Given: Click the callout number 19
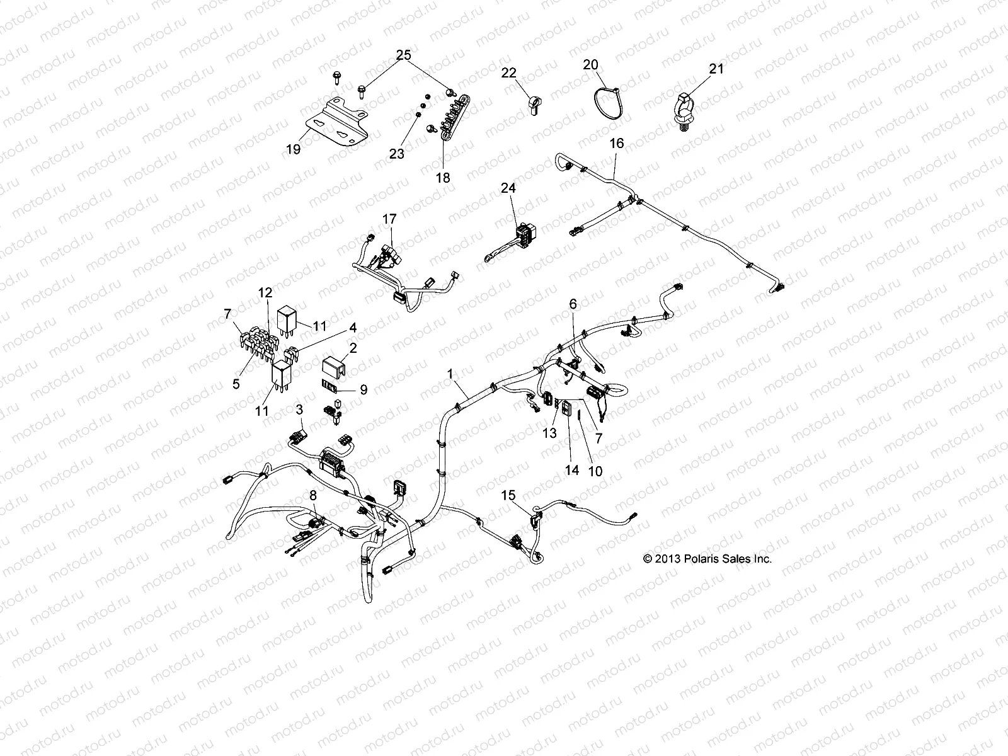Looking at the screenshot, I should tap(311, 149).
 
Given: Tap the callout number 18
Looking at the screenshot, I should tap(443, 178).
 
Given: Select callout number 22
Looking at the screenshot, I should tap(509, 72).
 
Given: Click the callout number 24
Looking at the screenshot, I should tap(508, 188).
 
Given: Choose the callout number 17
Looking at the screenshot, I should tap(389, 219).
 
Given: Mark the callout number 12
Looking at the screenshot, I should tap(265, 292).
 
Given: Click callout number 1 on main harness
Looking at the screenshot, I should tap(450, 374).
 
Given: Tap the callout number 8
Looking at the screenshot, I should tap(313, 495).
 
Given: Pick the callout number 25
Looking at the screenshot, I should tap(403, 55).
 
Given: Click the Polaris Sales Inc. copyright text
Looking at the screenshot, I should tap(706, 559).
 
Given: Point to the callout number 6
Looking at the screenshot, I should tap(573, 304).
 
